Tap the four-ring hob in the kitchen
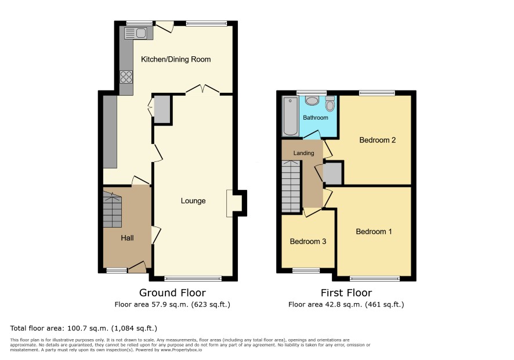[126, 77]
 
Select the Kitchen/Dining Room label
[176, 59]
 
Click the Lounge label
[193, 200]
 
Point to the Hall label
[127, 238]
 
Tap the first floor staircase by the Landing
[291, 186]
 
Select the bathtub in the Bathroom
[291, 116]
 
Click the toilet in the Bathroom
[330, 103]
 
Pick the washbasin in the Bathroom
[312, 100]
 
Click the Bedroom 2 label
[377, 140]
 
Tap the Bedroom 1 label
[374, 232]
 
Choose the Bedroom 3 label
[308, 242]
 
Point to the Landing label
[303, 153]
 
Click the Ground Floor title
[172, 293]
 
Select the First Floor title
[346, 293]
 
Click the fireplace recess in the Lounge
[234, 203]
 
